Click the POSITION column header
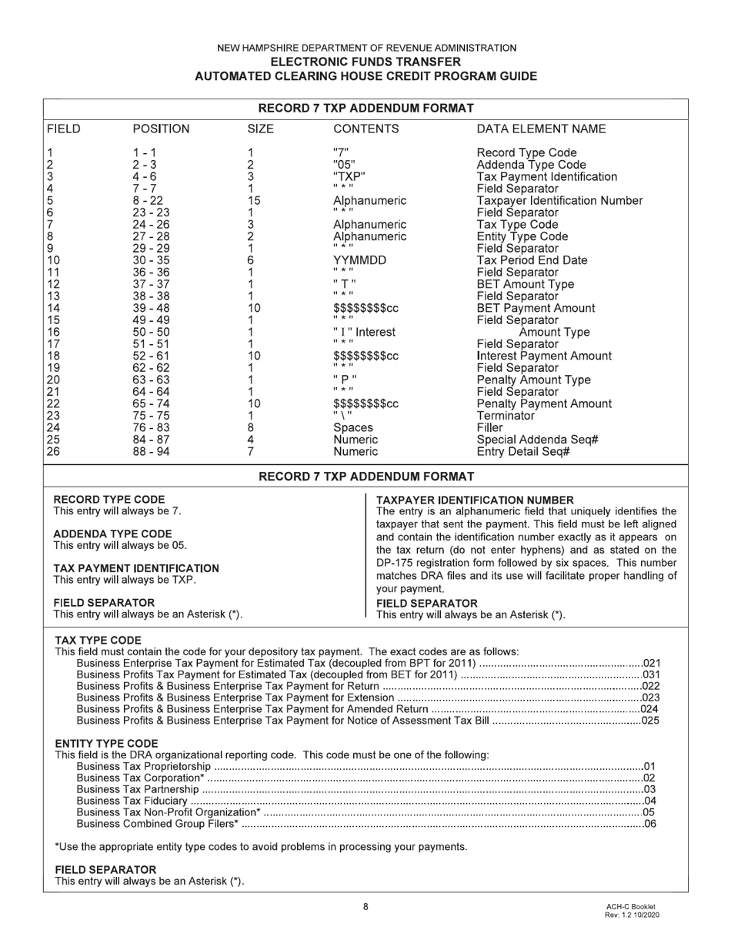[x=161, y=129]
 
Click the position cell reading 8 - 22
[x=147, y=201]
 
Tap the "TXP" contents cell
[x=349, y=177]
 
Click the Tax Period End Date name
[x=532, y=261]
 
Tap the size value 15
[x=254, y=201]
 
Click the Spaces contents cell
[x=352, y=428]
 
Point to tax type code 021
[x=651, y=664]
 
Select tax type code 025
[x=651, y=721]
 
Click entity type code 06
[x=649, y=825]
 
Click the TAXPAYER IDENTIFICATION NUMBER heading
[x=475, y=500]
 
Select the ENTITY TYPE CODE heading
[x=106, y=744]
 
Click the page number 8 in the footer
[x=365, y=907]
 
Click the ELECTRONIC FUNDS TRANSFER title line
[x=365, y=62]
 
